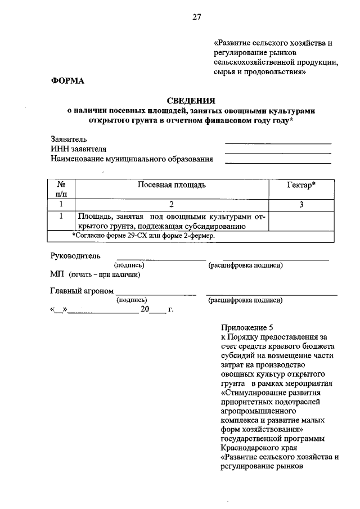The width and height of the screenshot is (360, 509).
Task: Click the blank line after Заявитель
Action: (x=278, y=143)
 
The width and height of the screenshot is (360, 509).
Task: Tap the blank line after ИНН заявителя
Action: (x=278, y=153)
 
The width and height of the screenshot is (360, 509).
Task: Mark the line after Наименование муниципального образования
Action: (x=278, y=163)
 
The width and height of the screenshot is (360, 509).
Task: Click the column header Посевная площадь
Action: (x=172, y=185)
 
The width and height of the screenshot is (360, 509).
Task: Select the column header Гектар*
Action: (x=301, y=185)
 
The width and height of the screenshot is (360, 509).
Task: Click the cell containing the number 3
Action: (x=301, y=205)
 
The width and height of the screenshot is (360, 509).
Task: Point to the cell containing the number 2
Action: (x=172, y=205)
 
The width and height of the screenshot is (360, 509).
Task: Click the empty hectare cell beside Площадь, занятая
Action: (x=301, y=221)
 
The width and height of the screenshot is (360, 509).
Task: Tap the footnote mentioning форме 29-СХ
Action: (x=144, y=236)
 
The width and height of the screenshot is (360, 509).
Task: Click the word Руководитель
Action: (x=76, y=256)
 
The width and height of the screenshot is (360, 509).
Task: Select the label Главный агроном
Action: (x=82, y=291)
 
